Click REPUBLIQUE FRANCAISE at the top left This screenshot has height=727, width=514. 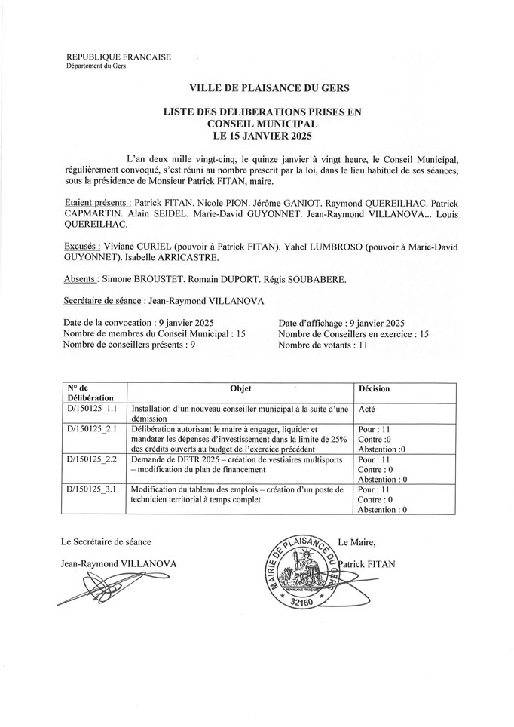(x=109, y=57)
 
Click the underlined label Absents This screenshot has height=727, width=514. (x=82, y=280)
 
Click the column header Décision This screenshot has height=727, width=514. (x=375, y=389)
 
